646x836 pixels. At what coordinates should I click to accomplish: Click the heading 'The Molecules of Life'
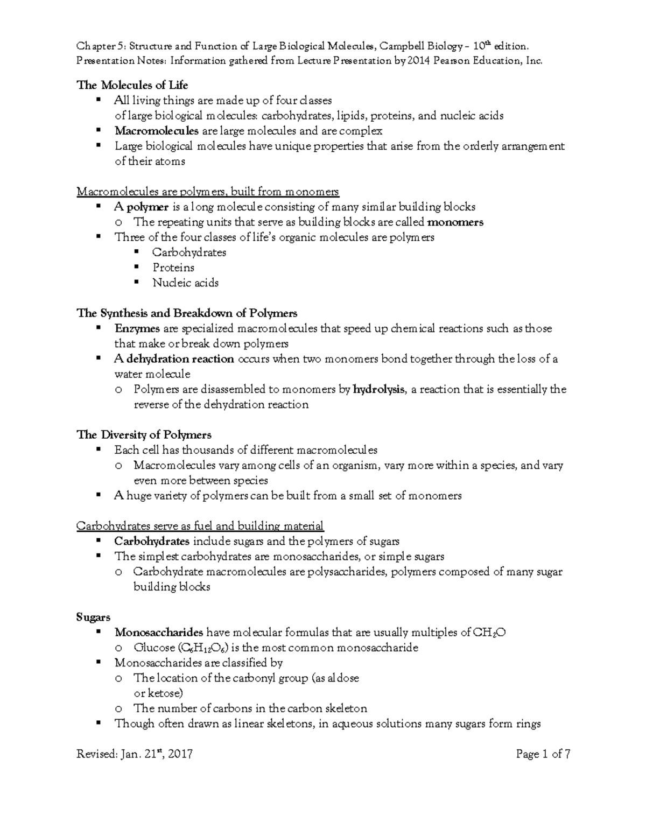pyautogui.click(x=132, y=85)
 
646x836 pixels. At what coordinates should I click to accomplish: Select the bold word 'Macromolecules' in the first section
pyautogui.click(x=156, y=131)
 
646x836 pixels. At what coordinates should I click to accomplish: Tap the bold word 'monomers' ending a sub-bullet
pyautogui.click(x=455, y=222)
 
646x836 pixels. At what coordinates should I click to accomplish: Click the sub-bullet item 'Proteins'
pyautogui.click(x=173, y=268)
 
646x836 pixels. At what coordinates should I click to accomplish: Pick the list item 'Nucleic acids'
pyautogui.click(x=185, y=283)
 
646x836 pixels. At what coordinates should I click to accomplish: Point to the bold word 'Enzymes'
pyautogui.click(x=137, y=328)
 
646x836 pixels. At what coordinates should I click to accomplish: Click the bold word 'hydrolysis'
pyautogui.click(x=378, y=389)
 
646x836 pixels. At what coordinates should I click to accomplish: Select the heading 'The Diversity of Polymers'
pyautogui.click(x=144, y=434)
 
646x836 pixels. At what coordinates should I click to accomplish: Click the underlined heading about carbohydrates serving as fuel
pyautogui.click(x=200, y=526)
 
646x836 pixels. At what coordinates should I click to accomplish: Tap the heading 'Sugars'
pyautogui.click(x=93, y=617)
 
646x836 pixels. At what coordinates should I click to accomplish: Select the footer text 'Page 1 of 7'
pyautogui.click(x=543, y=754)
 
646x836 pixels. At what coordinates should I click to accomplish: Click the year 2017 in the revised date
pyautogui.click(x=180, y=754)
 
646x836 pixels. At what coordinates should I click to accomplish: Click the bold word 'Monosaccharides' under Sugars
pyautogui.click(x=159, y=633)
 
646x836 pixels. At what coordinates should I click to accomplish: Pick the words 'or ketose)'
pyautogui.click(x=158, y=693)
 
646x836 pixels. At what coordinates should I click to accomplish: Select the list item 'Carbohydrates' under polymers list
pyautogui.click(x=189, y=252)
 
